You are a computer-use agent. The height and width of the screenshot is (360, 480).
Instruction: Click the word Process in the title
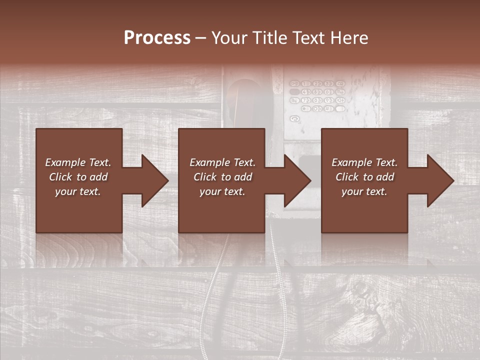157,38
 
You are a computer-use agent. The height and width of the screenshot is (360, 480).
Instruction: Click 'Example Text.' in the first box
78,162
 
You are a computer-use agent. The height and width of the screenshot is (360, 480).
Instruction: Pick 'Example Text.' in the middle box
222,162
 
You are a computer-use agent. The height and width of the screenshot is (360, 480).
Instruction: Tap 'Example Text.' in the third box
364,162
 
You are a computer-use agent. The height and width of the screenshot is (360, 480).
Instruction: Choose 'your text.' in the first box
78,191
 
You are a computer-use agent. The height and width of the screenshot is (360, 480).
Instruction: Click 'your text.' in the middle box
222,191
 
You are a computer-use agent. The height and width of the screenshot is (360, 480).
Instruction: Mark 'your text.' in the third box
364,191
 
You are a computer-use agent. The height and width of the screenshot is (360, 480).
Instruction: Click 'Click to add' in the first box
78,177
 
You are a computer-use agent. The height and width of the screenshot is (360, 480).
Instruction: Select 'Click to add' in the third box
364,177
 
